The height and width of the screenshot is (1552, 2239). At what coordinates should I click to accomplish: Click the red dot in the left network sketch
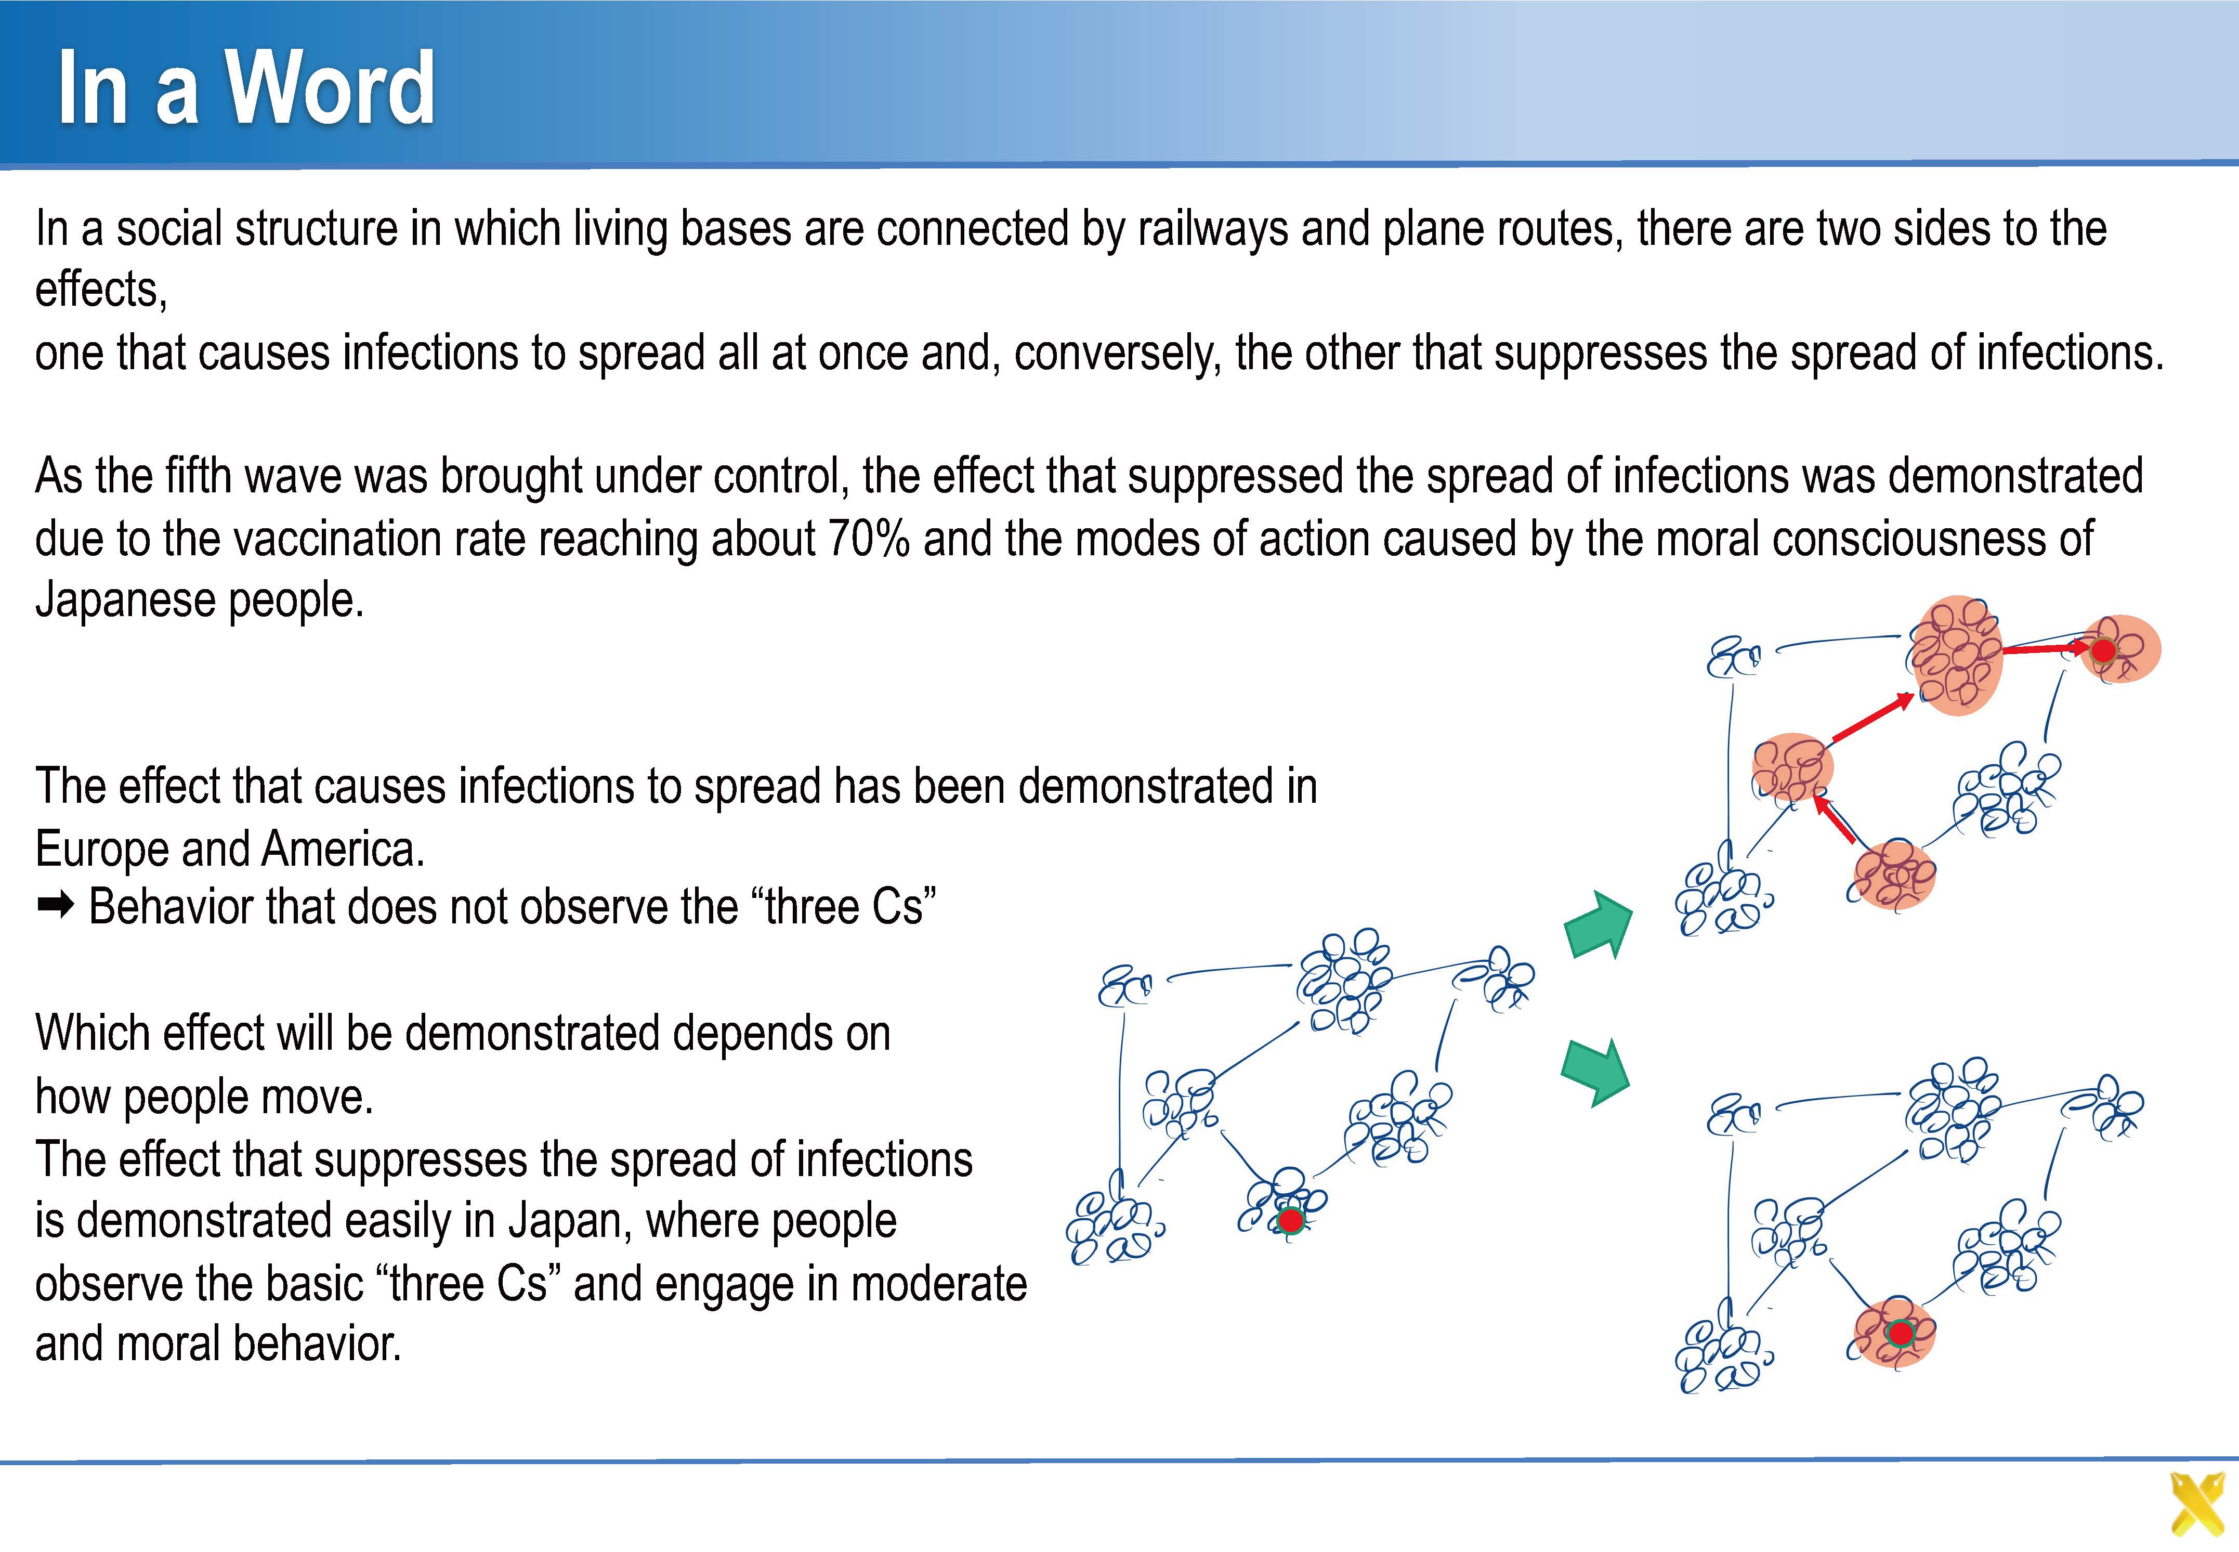coord(1290,1219)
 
